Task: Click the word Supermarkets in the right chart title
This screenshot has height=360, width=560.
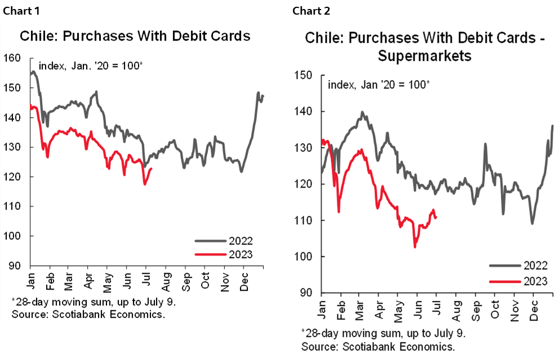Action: tap(425, 56)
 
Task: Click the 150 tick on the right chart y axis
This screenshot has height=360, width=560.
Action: tap(304, 75)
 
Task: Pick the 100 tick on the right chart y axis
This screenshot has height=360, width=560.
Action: tap(304, 256)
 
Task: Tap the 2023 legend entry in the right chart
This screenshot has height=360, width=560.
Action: tap(534, 279)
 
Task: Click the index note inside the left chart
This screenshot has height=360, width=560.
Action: tap(91, 66)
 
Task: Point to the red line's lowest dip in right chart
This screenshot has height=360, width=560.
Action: tap(415, 247)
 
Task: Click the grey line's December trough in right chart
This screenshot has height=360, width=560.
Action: tap(532, 223)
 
